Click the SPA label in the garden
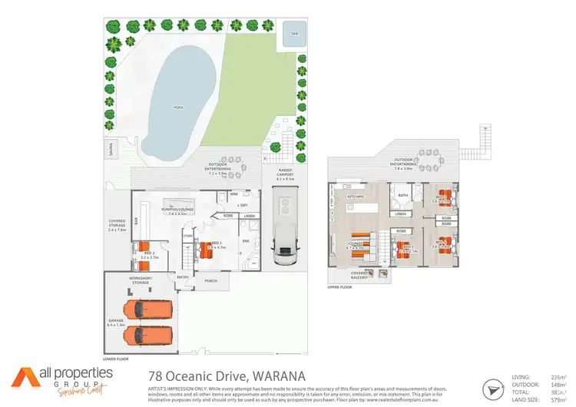point(293,34)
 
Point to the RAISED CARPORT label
point(288,176)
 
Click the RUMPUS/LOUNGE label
point(177,210)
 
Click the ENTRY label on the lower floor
point(182,276)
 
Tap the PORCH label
point(210,281)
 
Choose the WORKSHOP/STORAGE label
point(141,280)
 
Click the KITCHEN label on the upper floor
point(355,197)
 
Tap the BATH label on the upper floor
point(403,195)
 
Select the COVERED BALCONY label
point(359,274)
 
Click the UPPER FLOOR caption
point(339,288)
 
